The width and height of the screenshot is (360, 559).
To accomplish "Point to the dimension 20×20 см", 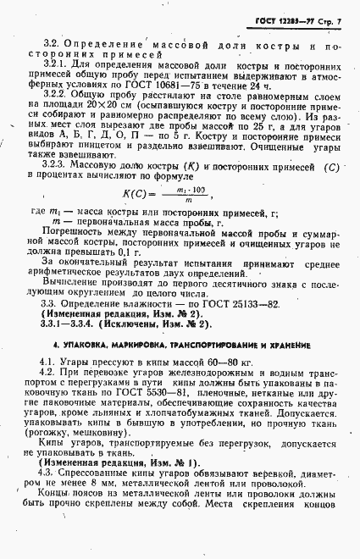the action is pos(90,124).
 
